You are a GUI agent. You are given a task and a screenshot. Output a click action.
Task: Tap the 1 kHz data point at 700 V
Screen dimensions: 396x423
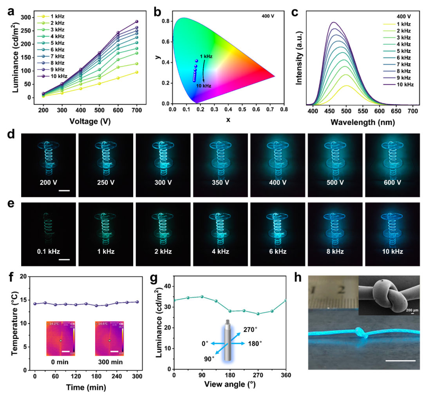(137, 72)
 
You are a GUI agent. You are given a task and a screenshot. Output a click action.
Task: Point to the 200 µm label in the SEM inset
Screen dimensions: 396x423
(411, 311)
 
